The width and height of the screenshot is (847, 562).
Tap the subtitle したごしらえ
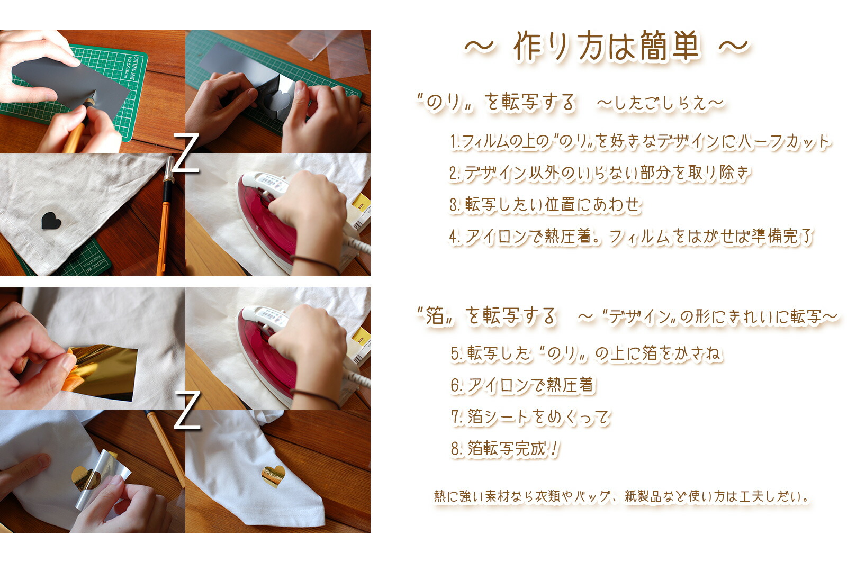[x=660, y=103]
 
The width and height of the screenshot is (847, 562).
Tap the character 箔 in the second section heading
[x=435, y=315]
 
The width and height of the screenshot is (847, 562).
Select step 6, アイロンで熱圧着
[x=522, y=385]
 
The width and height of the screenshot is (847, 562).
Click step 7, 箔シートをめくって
[x=530, y=417]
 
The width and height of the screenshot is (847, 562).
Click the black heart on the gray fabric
[x=51, y=220]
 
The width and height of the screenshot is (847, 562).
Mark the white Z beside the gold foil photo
[x=187, y=411]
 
